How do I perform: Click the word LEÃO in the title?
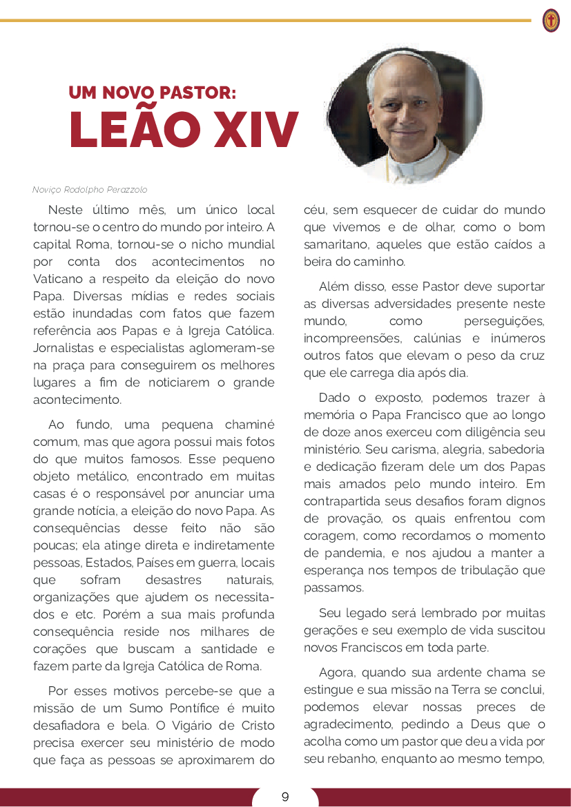tap(138, 129)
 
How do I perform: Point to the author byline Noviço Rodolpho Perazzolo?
tap(90, 190)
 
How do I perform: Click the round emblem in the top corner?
tap(550, 21)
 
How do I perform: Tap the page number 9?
tap(285, 797)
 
